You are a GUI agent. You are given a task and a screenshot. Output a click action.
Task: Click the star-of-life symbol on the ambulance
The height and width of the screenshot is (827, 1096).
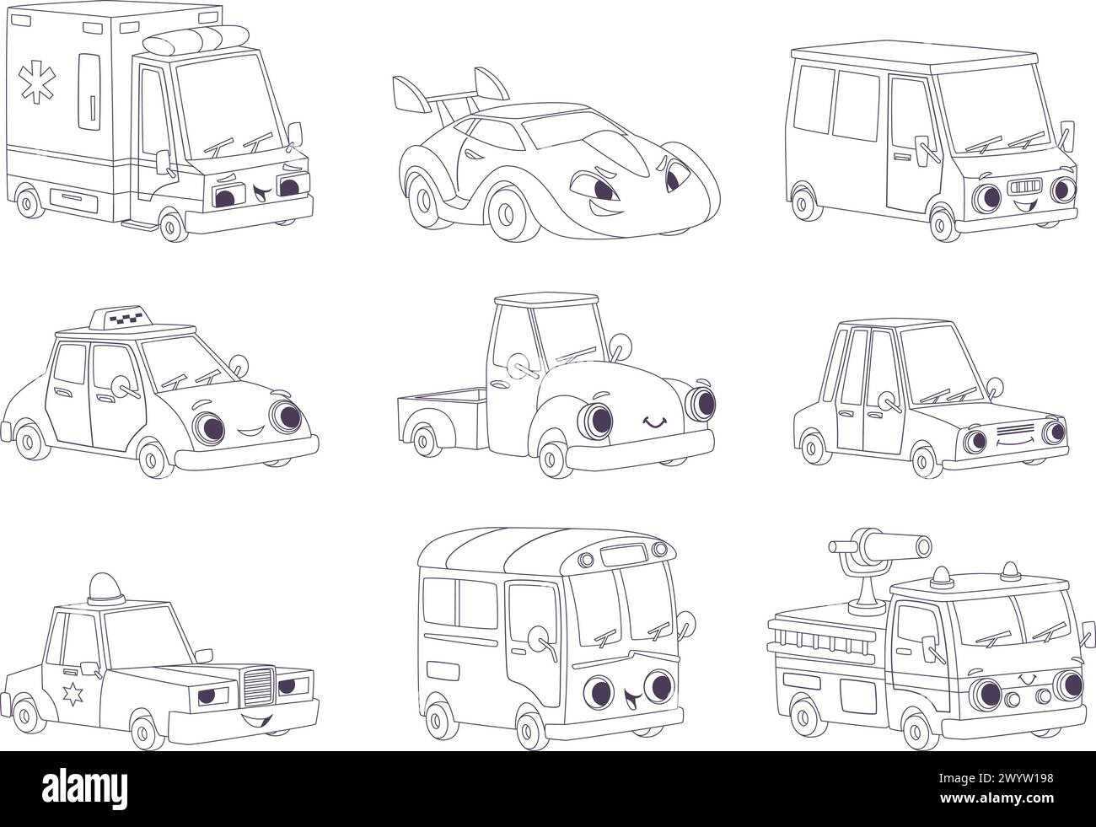38,62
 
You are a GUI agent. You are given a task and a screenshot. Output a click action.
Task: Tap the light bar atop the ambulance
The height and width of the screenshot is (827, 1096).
192,40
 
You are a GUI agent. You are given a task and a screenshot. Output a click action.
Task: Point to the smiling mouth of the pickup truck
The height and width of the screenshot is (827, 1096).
653,422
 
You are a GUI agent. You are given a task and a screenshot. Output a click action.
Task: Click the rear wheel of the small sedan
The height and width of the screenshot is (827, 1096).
812,443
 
